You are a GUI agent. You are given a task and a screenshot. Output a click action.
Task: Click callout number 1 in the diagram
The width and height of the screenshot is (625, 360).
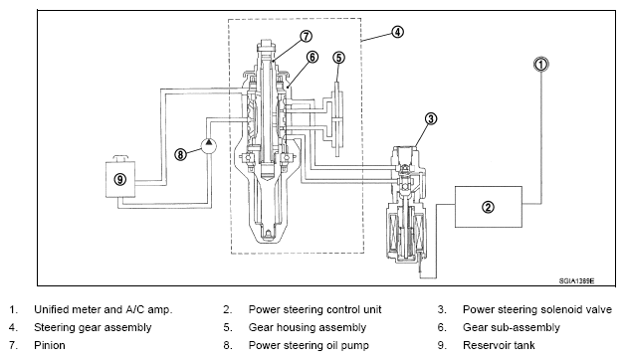click(540, 64)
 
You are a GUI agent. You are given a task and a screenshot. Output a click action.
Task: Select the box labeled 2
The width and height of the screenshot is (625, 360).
click(489, 207)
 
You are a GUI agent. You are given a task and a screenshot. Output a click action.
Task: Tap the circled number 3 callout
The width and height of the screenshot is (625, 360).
click(431, 118)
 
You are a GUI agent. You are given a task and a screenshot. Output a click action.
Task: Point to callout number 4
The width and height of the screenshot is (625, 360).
click(397, 32)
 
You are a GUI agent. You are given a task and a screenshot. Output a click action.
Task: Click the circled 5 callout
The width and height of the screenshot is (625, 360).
click(338, 58)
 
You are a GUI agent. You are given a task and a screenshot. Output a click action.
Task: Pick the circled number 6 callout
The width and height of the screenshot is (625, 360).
click(312, 57)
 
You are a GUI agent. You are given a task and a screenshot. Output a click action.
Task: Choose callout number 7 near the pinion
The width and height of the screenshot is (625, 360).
click(306, 36)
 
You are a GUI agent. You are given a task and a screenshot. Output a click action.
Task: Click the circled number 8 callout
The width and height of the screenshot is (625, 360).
click(180, 154)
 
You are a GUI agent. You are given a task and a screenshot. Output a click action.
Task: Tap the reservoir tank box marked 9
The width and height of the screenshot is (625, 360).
click(120, 179)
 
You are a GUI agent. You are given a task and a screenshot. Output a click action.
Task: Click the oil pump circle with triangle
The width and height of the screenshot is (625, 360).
click(209, 145)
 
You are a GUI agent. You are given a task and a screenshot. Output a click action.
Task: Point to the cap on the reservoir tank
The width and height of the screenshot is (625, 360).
click(120, 158)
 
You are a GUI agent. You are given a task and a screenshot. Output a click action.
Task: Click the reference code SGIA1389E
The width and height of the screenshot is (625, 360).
click(576, 280)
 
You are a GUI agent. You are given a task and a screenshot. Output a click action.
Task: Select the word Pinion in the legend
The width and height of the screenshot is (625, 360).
click(50, 345)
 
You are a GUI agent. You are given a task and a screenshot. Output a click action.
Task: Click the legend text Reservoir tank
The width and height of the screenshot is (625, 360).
click(499, 345)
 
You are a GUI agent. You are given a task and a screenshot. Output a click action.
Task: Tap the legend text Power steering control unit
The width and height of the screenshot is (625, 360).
click(314, 310)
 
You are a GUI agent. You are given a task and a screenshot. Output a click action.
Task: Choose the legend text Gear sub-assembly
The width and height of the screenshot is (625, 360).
click(512, 328)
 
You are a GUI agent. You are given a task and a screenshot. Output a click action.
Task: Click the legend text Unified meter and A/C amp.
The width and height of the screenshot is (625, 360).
click(104, 310)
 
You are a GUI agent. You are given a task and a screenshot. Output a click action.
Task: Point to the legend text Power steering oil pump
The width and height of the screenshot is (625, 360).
click(309, 345)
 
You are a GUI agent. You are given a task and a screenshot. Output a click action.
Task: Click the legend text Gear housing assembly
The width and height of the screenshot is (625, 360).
click(308, 328)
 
